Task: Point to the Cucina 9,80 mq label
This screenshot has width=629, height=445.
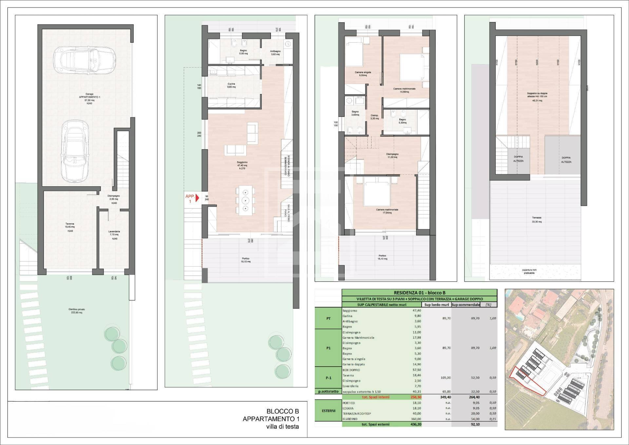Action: pyautogui.click(x=231, y=85)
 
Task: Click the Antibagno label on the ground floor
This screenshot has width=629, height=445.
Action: pyautogui.click(x=275, y=52)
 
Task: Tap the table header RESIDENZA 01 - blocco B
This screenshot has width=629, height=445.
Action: pyautogui.click(x=419, y=293)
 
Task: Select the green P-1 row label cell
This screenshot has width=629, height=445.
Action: pyautogui.click(x=328, y=378)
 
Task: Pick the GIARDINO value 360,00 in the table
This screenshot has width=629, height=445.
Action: pyautogui.click(x=415, y=419)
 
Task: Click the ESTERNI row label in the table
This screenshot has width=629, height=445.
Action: pyautogui.click(x=328, y=410)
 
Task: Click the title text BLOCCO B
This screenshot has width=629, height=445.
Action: pyautogui.click(x=282, y=411)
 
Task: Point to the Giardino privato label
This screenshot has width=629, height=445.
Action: pyautogui.click(x=77, y=311)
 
